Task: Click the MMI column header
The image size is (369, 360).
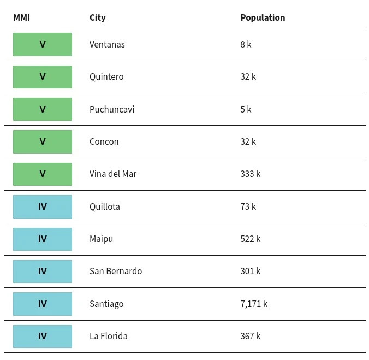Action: [x=21, y=17]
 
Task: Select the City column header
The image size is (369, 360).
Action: [x=97, y=18]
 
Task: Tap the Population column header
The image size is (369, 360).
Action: [x=263, y=17]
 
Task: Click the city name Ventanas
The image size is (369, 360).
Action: [x=107, y=44]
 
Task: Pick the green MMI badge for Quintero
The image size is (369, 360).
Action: [x=43, y=77]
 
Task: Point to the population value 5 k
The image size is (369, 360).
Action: [x=246, y=109]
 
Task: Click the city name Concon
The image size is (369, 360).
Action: [x=104, y=141]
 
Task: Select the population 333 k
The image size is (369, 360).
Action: [x=251, y=174]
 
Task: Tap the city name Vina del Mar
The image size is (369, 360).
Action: [x=113, y=174]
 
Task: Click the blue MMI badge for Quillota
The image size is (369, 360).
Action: [x=43, y=206]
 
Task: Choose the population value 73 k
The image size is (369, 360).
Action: [x=248, y=206]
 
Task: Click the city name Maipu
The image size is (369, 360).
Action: [x=101, y=239]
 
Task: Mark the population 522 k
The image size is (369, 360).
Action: [x=251, y=239]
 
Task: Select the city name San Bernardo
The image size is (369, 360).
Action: [x=116, y=272]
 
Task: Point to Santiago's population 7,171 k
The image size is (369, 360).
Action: [x=254, y=304]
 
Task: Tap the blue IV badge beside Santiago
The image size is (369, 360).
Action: [x=43, y=304]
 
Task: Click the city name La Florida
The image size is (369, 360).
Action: [x=109, y=336]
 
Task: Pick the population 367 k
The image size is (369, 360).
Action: [x=251, y=336]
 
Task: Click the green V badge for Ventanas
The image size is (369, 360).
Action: [x=43, y=44]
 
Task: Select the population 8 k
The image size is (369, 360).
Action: [x=246, y=44]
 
